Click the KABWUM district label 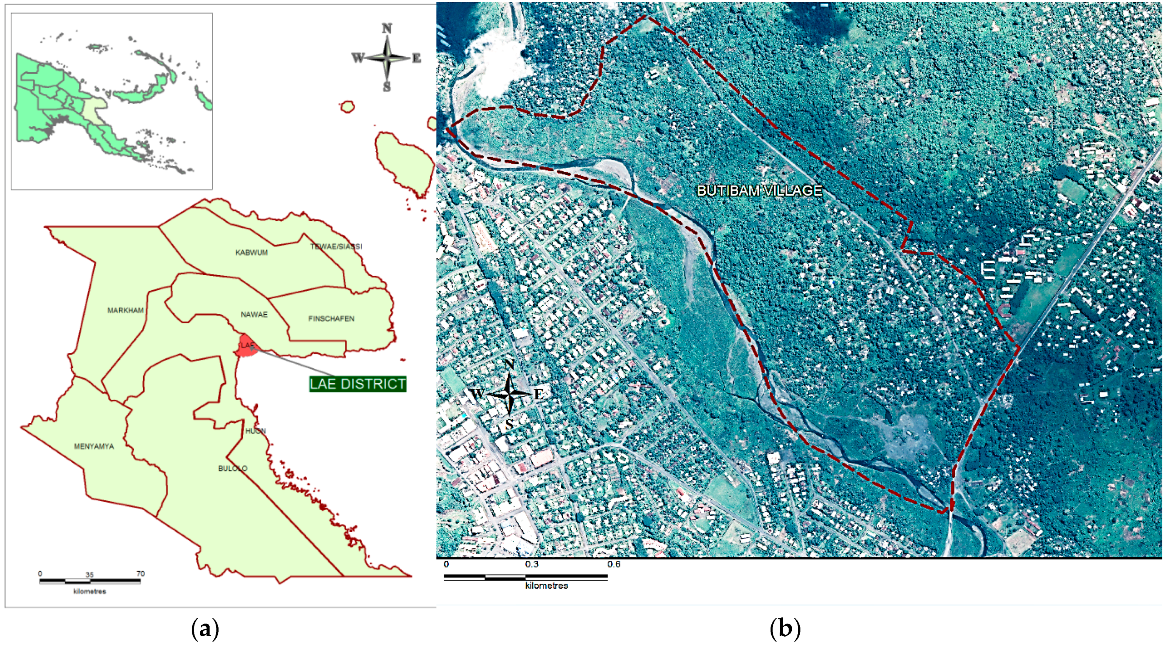252,253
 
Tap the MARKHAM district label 126,311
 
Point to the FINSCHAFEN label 331,319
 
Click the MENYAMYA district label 94,447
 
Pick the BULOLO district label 233,468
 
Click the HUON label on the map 255,431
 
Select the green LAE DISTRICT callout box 358,384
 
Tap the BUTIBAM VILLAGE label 759,190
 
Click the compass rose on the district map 386,58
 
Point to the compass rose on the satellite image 509,394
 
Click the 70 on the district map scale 141,574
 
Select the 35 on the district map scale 89,574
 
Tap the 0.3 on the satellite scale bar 532,564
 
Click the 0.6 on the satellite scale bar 613,564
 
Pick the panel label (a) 205,629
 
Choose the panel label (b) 785,629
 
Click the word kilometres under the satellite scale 546,586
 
